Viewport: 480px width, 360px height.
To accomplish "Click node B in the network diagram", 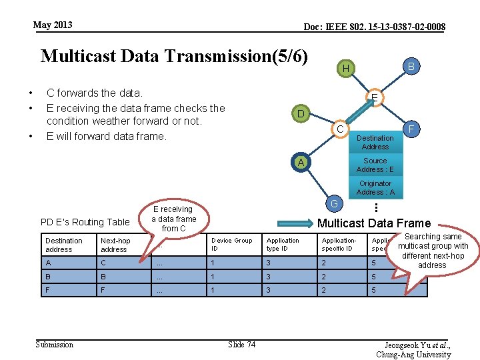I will coord(411,67).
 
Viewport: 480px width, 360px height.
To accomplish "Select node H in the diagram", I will coord(345,69).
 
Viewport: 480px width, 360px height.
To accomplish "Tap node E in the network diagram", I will coord(375,98).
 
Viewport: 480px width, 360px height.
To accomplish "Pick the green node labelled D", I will coord(301,114).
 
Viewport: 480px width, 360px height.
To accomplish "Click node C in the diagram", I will coord(340,129).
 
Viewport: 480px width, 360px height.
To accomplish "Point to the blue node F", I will coord(411,129).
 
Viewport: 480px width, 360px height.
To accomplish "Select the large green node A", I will coord(301,163).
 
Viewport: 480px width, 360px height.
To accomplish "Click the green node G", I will coord(334,203).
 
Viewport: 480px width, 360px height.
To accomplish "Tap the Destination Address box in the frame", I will coord(375,142).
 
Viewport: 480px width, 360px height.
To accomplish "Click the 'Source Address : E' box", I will coord(375,165).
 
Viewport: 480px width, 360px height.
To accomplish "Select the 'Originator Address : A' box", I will coord(375,187).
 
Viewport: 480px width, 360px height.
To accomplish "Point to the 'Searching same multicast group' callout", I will coord(433,251).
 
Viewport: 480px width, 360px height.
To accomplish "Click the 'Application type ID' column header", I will coord(287,245).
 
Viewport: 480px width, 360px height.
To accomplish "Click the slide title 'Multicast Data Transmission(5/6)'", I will coord(174,56).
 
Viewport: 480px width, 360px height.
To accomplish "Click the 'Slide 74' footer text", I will coord(241,344).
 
